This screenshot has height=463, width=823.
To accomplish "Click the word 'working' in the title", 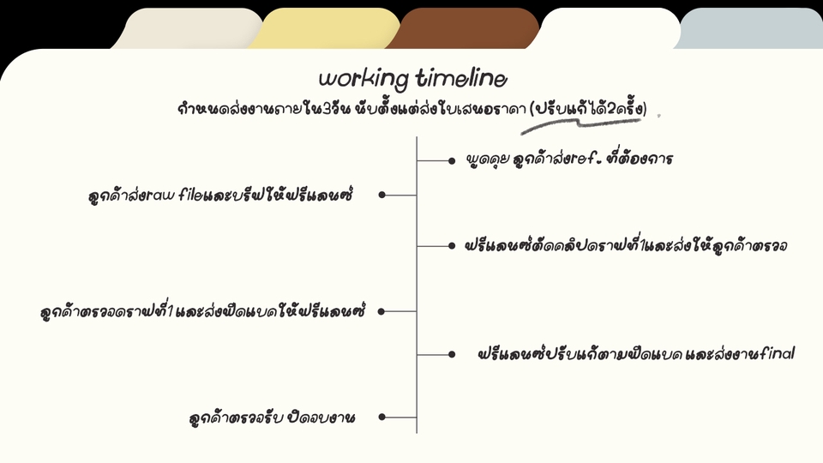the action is coord(363,79).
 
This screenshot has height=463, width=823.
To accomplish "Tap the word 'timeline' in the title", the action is coord(462,78).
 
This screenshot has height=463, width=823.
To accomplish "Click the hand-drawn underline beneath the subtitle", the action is coord(580,125).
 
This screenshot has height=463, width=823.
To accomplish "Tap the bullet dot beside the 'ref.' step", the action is coord(452,160).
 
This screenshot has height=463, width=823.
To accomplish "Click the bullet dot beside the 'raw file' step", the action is coord(382,195).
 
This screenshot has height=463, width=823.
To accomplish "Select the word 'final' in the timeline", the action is coord(777,353).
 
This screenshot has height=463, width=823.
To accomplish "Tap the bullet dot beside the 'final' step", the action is coord(452,354).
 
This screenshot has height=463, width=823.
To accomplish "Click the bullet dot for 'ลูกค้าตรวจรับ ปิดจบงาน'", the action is coord(382,417).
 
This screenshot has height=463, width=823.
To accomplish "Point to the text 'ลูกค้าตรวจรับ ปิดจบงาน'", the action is coord(272,418).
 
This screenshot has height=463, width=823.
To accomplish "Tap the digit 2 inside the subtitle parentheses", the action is coord(610,109).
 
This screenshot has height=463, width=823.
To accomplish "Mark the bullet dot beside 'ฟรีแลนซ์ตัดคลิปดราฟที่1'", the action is coord(452,246).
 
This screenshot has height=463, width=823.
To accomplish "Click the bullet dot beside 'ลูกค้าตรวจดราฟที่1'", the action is coord(381,311).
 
